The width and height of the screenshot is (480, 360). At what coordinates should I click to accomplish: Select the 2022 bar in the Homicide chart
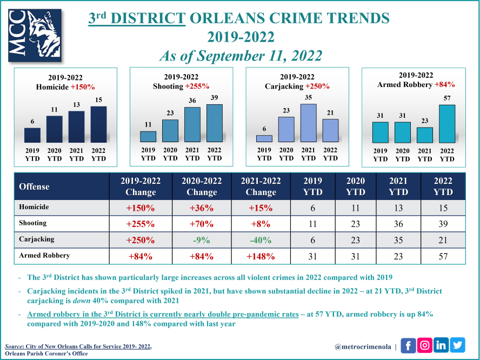pyautogui.click(x=98, y=124)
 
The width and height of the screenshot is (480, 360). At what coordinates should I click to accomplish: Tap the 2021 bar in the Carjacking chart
pyautogui.click(x=308, y=123)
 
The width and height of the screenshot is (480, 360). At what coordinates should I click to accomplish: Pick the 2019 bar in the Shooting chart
pyautogui.click(x=148, y=137)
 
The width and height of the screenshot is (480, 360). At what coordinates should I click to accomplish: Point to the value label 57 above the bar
pyautogui.click(x=447, y=98)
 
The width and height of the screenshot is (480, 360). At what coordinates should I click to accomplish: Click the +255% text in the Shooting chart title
pyautogui.click(x=197, y=86)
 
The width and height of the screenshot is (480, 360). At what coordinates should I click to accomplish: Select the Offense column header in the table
pyautogui.click(x=34, y=186)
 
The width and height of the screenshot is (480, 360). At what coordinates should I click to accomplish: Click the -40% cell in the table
pyautogui.click(x=261, y=240)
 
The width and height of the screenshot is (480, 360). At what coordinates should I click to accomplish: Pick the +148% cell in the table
pyautogui.click(x=261, y=256)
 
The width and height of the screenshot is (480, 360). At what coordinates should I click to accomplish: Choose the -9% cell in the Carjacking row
pyautogui.click(x=201, y=240)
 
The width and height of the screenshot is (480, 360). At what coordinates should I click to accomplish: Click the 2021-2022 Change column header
pyautogui.click(x=261, y=186)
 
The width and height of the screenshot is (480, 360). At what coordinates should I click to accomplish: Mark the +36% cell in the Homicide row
pyautogui.click(x=201, y=208)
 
